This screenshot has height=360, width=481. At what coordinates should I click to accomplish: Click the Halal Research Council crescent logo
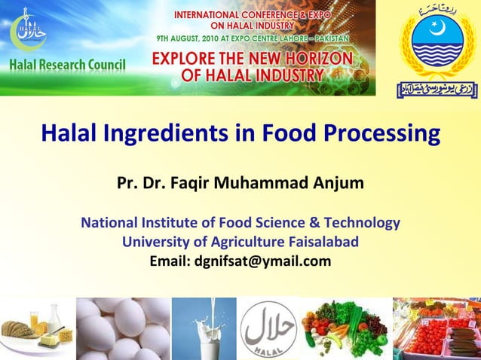pyautogui.click(x=28, y=30)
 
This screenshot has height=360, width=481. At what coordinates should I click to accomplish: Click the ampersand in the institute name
pyautogui.click(x=314, y=223)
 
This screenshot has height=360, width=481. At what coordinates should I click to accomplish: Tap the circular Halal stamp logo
pyautogui.click(x=268, y=330)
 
